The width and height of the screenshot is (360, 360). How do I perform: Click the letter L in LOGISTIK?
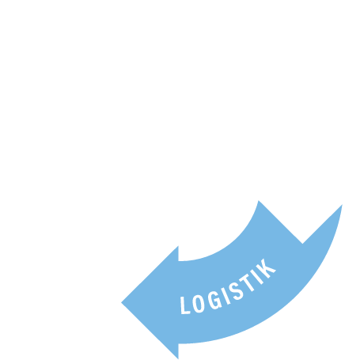[184, 305]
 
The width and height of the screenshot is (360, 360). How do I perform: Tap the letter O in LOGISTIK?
[199, 303]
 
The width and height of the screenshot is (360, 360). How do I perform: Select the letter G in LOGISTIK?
[214, 299]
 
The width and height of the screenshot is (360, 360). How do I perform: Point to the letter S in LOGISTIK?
[236, 291]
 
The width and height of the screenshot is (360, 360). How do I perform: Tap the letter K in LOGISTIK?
[267, 270]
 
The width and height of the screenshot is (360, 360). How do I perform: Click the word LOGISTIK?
[228, 286]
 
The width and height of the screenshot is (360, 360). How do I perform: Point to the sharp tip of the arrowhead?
[121, 303]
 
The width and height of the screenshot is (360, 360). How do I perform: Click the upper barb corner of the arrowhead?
[178, 246]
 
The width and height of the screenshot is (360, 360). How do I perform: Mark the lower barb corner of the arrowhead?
[178, 359]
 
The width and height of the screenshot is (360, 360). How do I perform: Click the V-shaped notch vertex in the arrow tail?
[302, 244]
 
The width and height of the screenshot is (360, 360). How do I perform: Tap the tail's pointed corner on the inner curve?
[259, 201]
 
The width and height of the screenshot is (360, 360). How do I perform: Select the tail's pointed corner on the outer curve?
[343, 205]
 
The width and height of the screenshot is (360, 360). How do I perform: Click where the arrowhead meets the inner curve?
[178, 261]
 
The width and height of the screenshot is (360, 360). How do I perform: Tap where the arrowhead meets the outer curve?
[178, 343]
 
